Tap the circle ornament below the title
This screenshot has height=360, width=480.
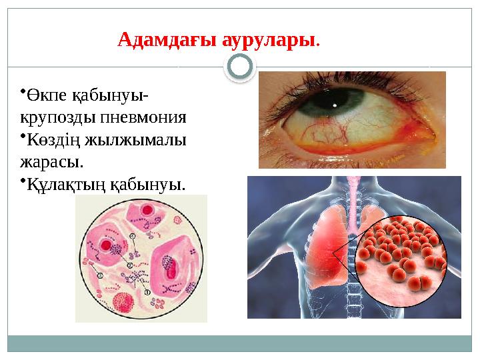pos(240,67)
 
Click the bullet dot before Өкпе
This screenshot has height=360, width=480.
pos(21,92)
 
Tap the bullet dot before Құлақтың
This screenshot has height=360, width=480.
pos(21,179)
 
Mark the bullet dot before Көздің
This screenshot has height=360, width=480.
pos(21,136)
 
